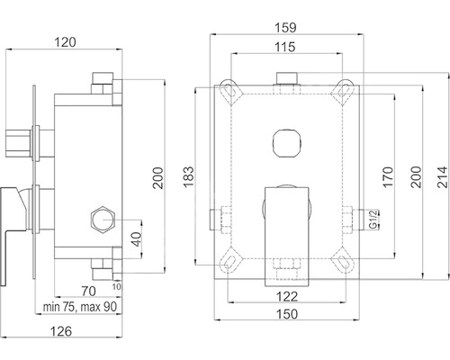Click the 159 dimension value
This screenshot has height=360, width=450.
tap(285, 28)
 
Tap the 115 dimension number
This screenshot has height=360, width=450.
tap(285, 47)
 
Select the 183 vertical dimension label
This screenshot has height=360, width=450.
tap(189, 177)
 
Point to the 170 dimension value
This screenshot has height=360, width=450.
tap(388, 177)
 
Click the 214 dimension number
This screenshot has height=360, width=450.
tap(443, 177)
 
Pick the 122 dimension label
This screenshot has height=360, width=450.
tap(287, 296)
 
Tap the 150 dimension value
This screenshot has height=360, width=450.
tap(287, 314)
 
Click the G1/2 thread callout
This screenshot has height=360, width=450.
tap(373, 220)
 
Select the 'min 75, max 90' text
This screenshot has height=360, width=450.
tap(80, 307)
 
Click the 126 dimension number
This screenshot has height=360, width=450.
tap(61, 331)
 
